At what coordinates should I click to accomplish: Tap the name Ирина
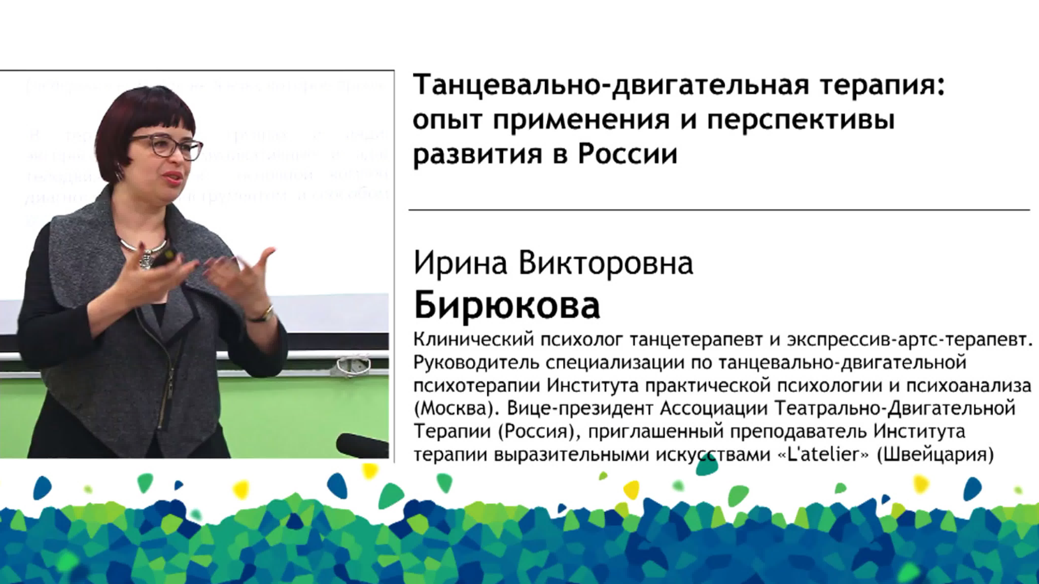tap(460, 263)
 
